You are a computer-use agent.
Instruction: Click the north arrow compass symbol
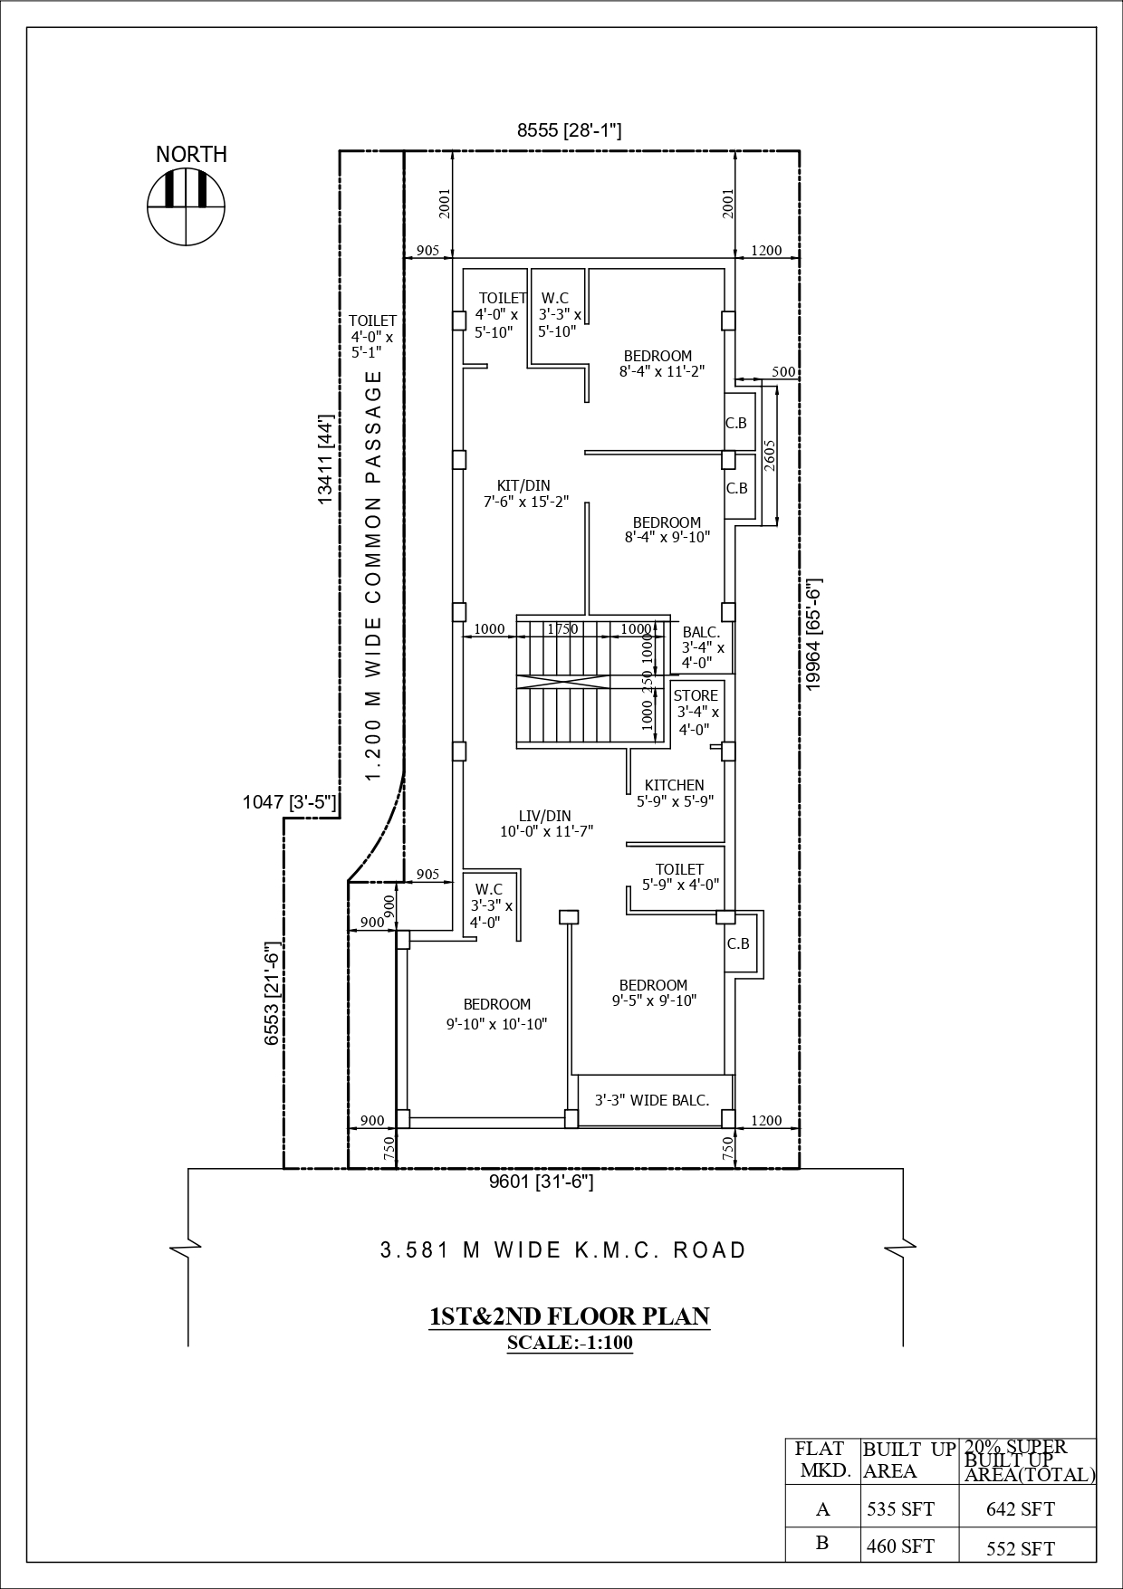[x=186, y=206]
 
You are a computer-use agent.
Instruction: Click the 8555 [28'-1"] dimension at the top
[x=569, y=130]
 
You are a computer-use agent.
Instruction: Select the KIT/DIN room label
[x=523, y=493]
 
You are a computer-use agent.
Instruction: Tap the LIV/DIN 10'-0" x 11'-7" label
[x=545, y=824]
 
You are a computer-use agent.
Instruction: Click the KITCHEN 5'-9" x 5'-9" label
[x=674, y=792]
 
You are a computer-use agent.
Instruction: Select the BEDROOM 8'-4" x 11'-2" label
[x=661, y=363]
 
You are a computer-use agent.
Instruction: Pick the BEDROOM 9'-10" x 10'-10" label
[x=496, y=1014]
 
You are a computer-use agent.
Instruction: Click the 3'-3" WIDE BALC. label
[x=651, y=1100]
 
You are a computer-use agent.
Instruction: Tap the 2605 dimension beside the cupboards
[x=769, y=455]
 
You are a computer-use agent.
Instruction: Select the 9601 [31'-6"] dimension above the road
[x=541, y=1182]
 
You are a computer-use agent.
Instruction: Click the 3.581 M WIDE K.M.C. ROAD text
[x=562, y=1250]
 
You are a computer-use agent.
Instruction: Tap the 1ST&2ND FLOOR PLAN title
[x=569, y=1316]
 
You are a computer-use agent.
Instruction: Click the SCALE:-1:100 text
[x=569, y=1343]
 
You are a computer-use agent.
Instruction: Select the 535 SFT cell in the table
[x=900, y=1508]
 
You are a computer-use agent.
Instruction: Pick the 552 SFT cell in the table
[x=1020, y=1548]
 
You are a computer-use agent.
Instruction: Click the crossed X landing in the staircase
[x=562, y=682]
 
